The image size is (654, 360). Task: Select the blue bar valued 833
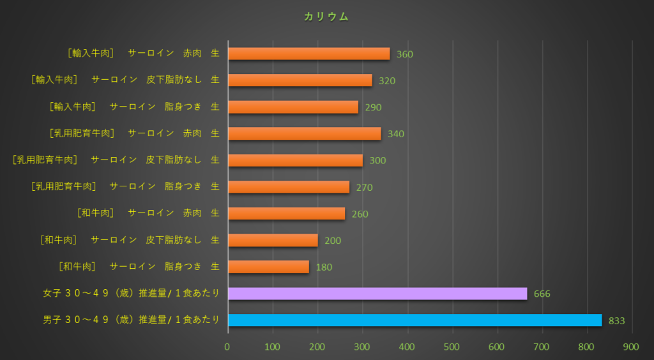[414, 320]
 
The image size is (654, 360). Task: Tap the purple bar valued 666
[377, 293]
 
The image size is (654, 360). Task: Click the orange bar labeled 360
[308, 54]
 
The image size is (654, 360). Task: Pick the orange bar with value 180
[268, 267]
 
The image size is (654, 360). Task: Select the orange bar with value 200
[273, 240]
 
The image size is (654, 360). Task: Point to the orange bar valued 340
[304, 133]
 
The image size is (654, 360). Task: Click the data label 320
[386, 81]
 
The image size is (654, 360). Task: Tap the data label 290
[373, 107]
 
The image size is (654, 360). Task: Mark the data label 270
[364, 188]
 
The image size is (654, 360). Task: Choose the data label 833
[616, 321]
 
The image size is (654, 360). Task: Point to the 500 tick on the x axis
[452, 347]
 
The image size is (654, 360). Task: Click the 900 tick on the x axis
[632, 347]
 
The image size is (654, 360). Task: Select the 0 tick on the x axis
[227, 347]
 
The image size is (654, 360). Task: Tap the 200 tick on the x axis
[317, 347]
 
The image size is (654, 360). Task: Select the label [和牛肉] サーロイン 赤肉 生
[148, 213]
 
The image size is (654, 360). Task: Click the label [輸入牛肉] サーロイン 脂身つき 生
[134, 107]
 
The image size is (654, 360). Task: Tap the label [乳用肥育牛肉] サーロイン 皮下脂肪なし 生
[116, 160]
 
